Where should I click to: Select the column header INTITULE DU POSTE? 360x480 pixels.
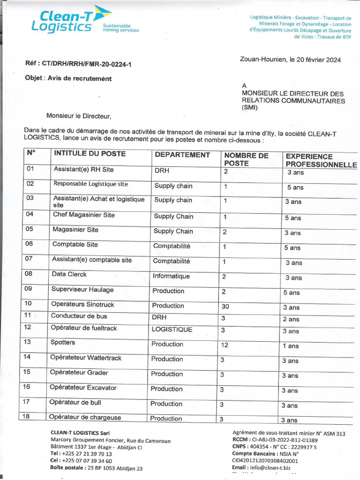[90, 153]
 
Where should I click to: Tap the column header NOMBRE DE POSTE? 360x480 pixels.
[246, 159]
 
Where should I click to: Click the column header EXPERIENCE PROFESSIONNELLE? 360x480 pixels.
[321, 160]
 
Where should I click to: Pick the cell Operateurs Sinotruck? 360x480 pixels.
[82, 304]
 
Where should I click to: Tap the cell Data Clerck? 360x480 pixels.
[69, 274]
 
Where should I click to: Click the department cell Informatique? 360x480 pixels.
[171, 276]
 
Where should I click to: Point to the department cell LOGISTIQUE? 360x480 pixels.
[172, 330]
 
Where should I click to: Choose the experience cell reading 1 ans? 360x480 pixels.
[290, 346]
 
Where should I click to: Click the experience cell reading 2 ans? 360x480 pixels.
[291, 319]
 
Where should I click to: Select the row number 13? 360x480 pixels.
[28, 342]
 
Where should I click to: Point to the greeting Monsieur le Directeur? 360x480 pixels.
[79, 115]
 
